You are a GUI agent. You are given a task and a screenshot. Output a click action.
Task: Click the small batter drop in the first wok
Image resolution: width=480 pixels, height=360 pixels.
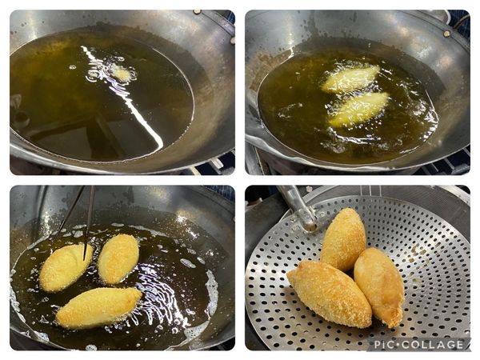tap(122, 74)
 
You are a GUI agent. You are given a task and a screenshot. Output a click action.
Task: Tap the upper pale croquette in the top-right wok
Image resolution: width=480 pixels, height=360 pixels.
tap(351, 78)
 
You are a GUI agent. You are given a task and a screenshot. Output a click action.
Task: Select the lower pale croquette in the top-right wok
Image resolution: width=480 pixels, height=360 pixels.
tap(358, 109)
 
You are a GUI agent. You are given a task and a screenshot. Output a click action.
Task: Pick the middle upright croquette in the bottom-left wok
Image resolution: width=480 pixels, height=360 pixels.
tap(118, 259)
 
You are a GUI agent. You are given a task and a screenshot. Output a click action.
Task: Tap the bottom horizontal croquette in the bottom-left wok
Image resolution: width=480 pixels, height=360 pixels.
tap(98, 307)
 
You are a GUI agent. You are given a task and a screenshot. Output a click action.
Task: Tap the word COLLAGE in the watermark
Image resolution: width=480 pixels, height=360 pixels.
tap(432, 345)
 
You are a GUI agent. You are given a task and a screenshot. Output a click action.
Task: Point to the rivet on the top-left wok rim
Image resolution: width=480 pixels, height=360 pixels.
tap(198, 12)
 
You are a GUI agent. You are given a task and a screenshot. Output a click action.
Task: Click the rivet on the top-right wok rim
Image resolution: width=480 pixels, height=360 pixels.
tap(447, 34)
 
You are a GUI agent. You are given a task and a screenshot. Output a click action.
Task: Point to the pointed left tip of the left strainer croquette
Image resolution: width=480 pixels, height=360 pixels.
tap(288, 275)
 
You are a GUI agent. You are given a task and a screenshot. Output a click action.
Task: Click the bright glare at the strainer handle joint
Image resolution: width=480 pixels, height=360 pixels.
tap(310, 226)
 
